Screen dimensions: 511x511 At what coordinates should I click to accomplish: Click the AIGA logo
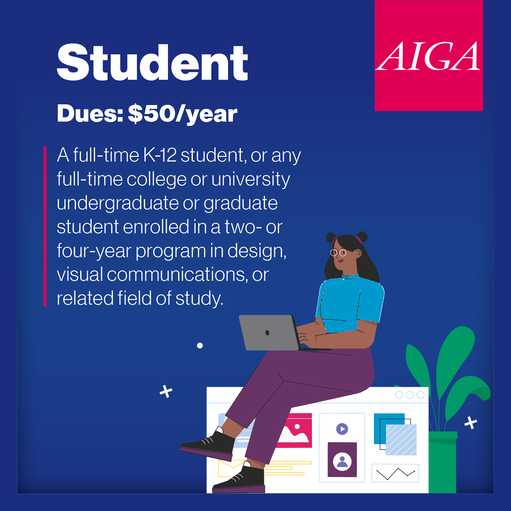[429, 56]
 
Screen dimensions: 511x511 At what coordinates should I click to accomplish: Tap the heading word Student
[152, 62]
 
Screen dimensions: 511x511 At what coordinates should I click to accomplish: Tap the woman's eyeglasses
[338, 253]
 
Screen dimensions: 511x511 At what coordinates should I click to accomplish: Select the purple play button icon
[342, 429]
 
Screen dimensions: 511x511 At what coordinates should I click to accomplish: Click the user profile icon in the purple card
[342, 462]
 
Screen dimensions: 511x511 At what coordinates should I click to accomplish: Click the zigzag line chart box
[395, 473]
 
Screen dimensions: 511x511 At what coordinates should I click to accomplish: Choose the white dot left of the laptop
[200, 345]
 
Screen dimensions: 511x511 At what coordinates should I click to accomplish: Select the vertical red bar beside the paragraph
[45, 227]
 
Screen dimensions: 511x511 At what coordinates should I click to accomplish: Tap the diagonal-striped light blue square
[401, 440]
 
